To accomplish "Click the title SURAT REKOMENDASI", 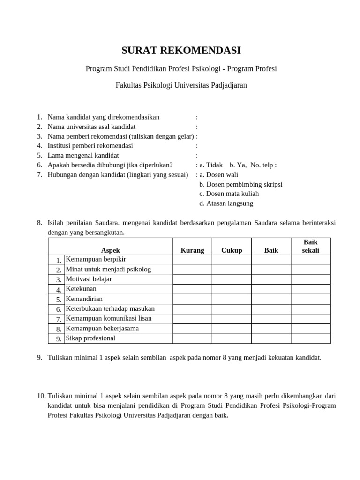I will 181,51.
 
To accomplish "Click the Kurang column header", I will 192,250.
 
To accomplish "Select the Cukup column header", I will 232,250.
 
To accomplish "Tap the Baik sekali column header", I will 310,246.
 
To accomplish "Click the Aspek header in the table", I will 111,250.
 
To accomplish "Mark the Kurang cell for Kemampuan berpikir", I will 192,260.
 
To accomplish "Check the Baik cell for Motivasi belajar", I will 271,279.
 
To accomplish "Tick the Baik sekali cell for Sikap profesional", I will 310,338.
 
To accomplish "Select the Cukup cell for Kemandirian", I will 232,299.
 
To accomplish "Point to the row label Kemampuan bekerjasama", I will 102,328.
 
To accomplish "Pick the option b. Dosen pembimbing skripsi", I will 240,184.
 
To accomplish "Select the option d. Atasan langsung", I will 226,203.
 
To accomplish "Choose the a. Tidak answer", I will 211,165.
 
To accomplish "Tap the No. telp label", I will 263,165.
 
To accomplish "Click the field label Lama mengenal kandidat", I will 83,155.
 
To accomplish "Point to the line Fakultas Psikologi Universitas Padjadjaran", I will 181,85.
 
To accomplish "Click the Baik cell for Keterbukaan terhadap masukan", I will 271,309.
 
